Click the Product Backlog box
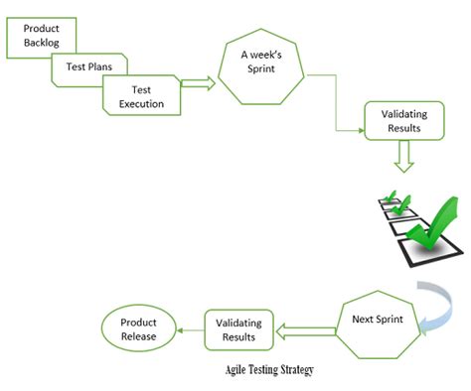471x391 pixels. [41, 36]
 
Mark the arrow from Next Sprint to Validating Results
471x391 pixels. [305, 327]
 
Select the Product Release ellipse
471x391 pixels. [138, 328]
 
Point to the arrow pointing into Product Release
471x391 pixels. [189, 328]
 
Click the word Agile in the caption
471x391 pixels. [239, 371]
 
